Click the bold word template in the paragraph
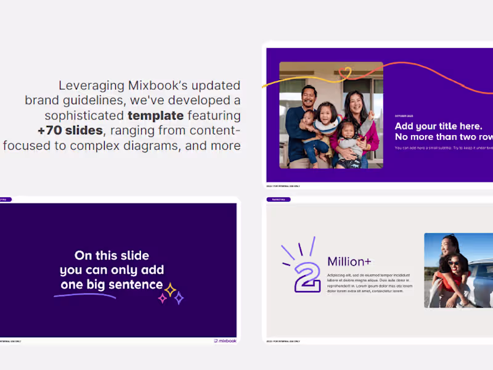tap(155, 115)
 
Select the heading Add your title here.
tap(439, 126)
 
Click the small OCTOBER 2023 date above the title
tap(405, 115)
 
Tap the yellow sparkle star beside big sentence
tap(170, 289)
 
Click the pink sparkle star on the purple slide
tap(163, 298)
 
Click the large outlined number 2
tap(308, 276)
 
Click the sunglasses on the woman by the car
tap(454, 263)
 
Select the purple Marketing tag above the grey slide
tap(278, 199)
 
